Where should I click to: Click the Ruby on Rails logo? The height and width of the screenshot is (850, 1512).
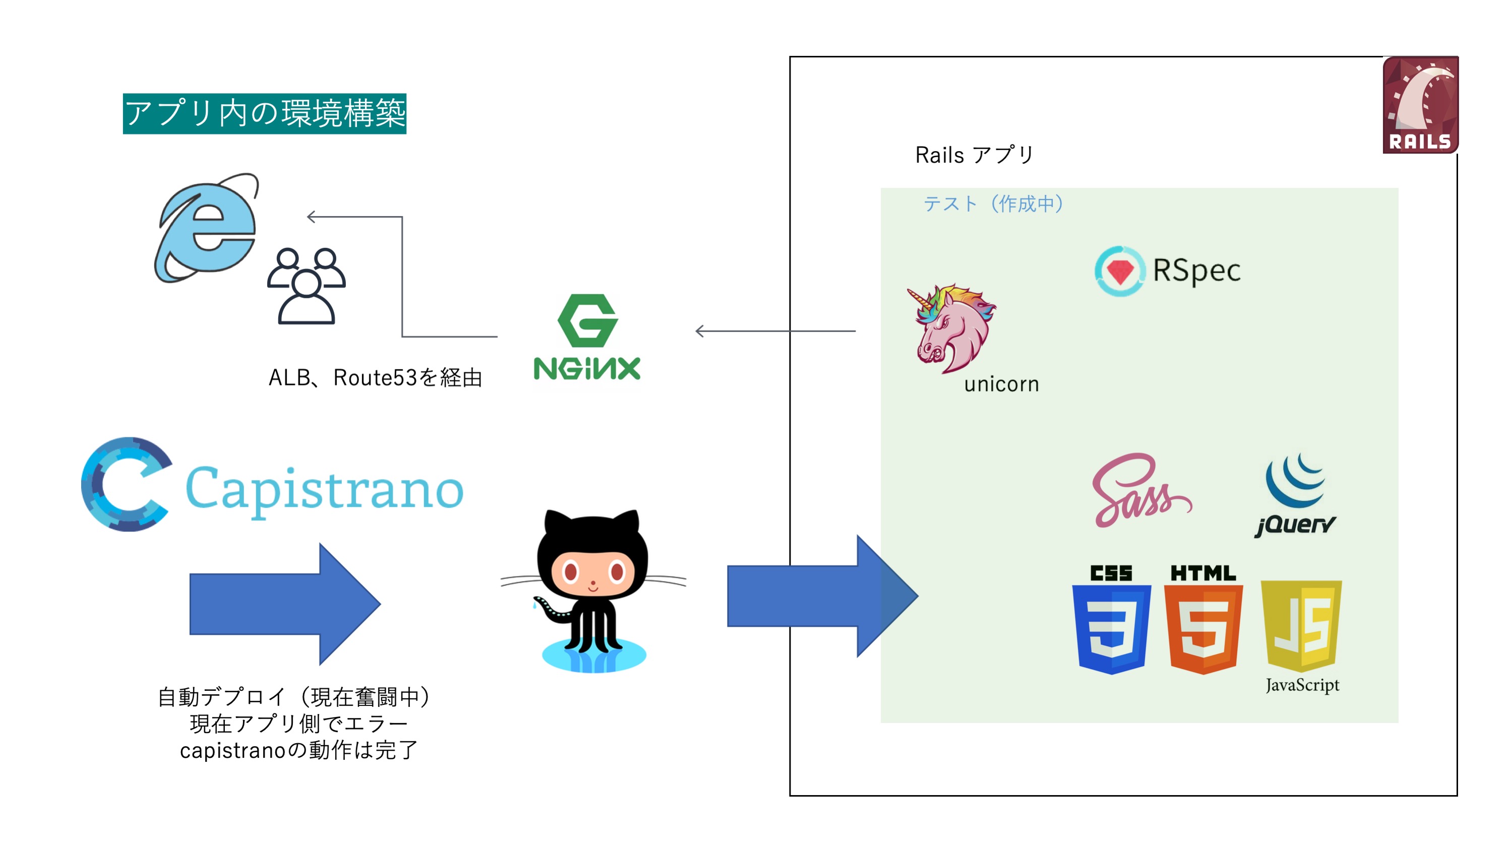point(1420,104)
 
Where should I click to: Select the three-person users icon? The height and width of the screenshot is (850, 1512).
point(306,286)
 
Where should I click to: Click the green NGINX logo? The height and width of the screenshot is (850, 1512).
point(587,337)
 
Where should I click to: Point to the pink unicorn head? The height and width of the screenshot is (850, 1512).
point(951,329)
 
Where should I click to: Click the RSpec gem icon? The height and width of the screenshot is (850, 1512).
point(1119,271)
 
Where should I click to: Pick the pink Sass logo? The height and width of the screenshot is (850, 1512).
point(1139,490)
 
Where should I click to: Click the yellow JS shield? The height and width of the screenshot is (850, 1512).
point(1301,625)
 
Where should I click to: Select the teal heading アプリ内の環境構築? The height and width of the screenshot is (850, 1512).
point(264,114)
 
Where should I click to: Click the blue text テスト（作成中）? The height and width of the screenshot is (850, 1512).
point(993,204)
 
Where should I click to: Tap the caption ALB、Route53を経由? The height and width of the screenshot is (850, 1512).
point(375,377)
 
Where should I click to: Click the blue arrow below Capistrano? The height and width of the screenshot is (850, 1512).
point(285,604)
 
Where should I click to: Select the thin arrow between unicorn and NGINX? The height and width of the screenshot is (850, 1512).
point(775,332)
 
